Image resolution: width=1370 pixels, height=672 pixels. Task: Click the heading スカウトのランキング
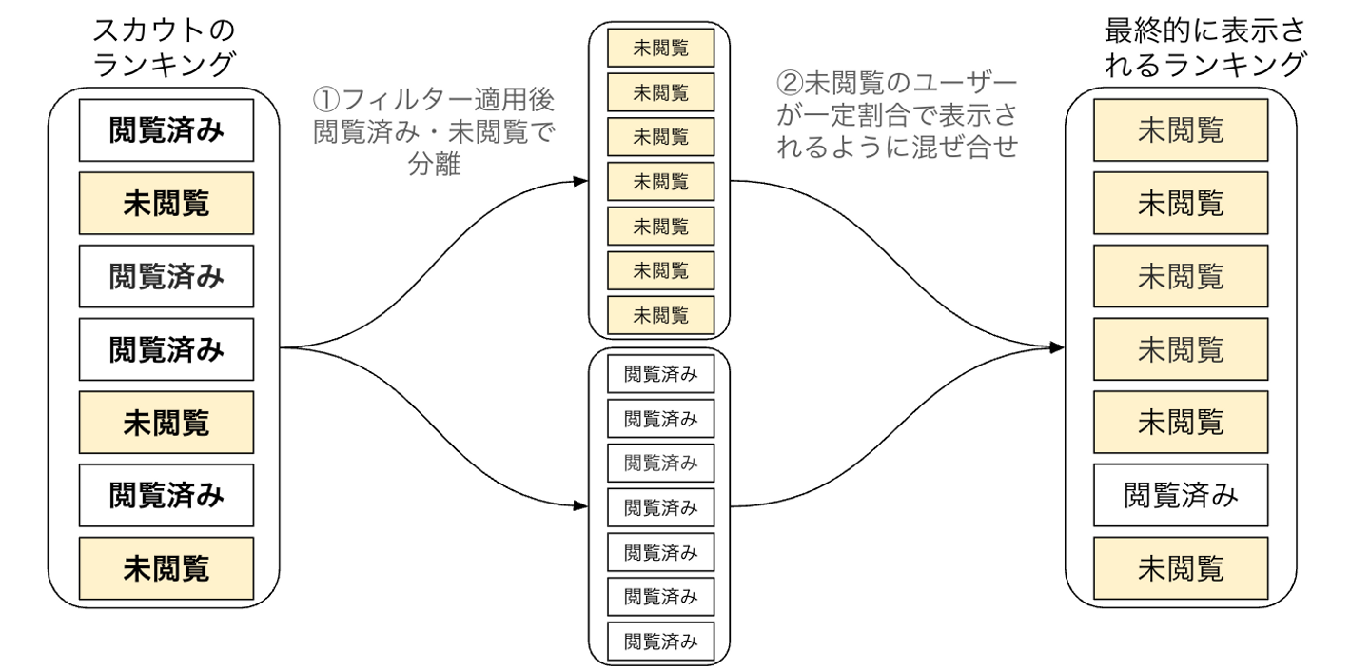click(163, 48)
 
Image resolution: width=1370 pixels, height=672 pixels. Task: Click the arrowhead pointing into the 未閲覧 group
click(581, 181)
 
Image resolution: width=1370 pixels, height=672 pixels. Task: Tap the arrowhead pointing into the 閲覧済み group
click(581, 507)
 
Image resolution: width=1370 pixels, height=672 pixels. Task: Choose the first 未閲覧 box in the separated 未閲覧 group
click(660, 46)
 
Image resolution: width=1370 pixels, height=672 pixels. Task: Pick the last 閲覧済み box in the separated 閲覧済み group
click(660, 642)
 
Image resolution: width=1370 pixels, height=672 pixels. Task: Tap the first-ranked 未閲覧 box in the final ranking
click(1180, 130)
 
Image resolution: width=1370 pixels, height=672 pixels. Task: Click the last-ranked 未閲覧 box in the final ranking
click(1180, 568)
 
